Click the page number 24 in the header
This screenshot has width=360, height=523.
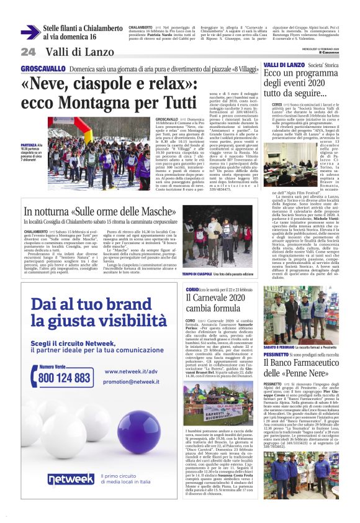click(28, 51)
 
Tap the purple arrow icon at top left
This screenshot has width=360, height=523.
click(30, 32)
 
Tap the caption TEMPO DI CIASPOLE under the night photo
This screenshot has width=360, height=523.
click(197, 257)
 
